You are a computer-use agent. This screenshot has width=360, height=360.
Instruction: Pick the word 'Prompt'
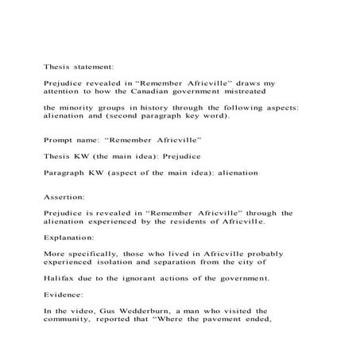(x=60, y=138)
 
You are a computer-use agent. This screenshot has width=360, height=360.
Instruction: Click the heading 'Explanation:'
(x=68, y=236)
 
